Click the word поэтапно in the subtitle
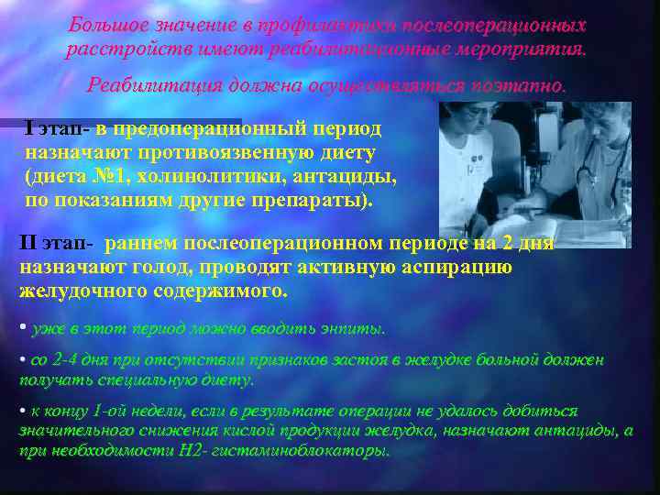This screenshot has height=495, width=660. point(522,86)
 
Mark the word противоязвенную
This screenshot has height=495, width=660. point(224,152)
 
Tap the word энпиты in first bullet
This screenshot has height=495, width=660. point(353,328)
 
